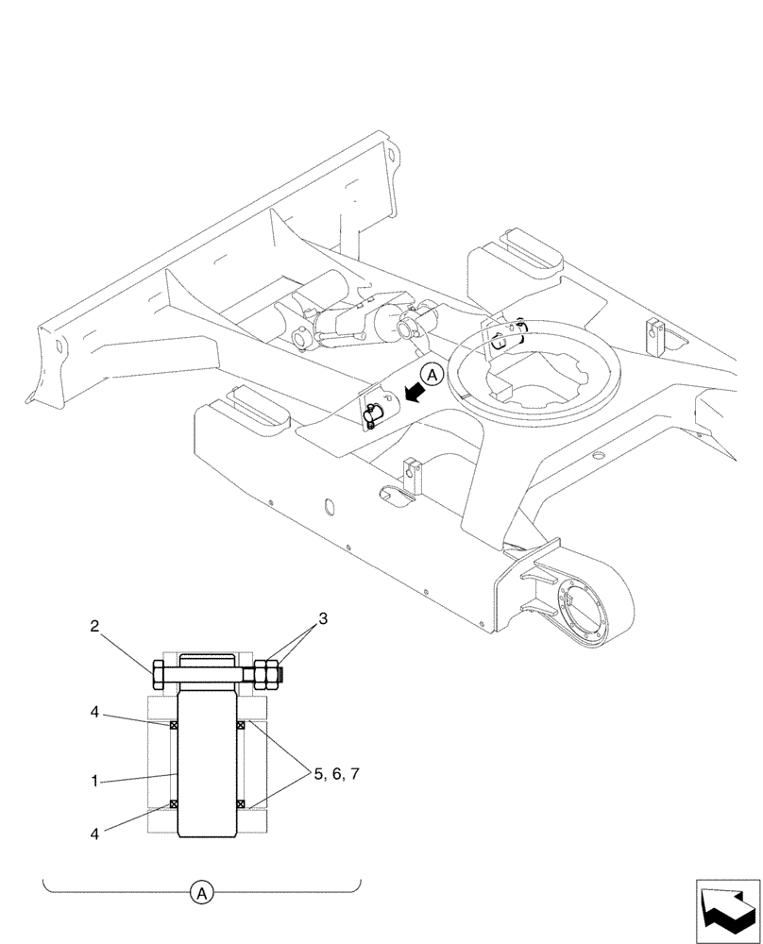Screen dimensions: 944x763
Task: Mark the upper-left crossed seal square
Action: pyautogui.click(x=173, y=725)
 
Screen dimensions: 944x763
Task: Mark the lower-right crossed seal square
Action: pyautogui.click(x=241, y=804)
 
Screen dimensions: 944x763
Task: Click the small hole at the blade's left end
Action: pyautogui.click(x=59, y=346)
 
